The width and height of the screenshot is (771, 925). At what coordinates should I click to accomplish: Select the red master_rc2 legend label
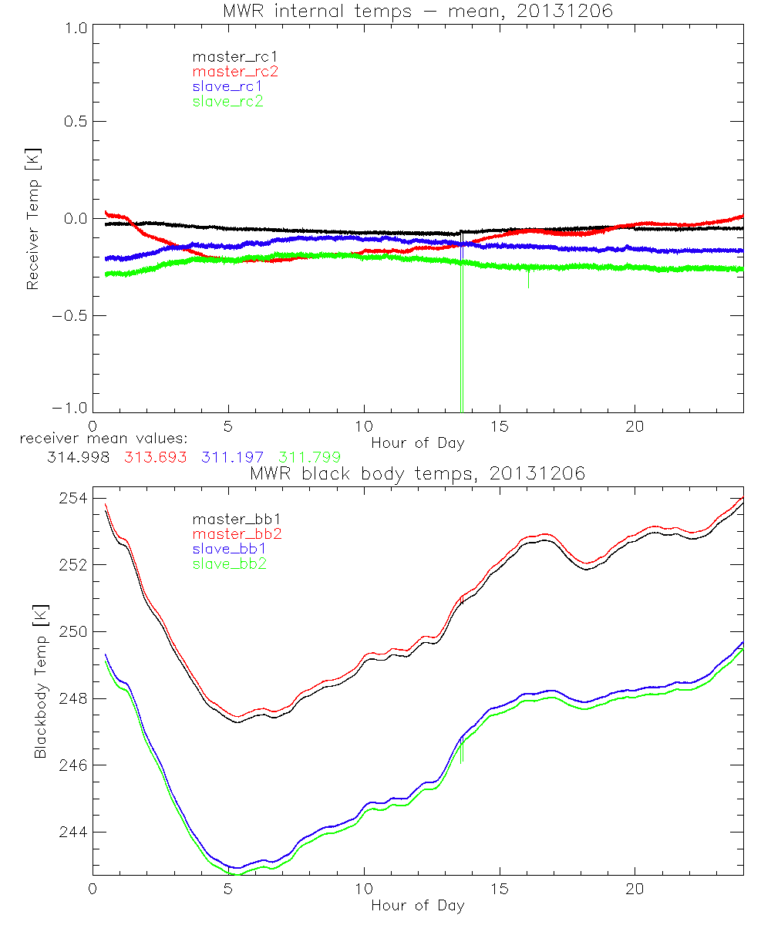[x=235, y=71]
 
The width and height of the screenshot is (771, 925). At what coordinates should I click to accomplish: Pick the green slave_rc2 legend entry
[x=227, y=100]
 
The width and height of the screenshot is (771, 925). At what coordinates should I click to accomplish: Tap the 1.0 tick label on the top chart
[x=76, y=26]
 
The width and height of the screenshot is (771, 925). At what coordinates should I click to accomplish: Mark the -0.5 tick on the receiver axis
[x=71, y=316]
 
